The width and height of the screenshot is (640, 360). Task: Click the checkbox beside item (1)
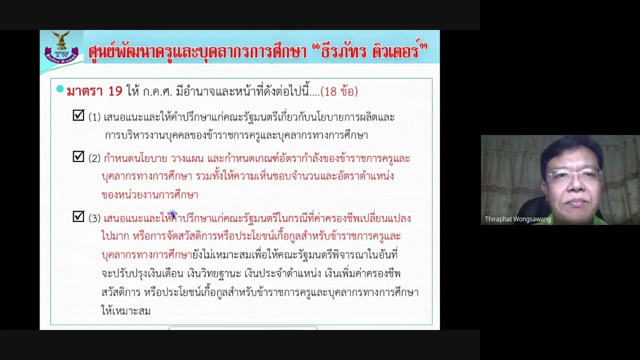click(x=78, y=115)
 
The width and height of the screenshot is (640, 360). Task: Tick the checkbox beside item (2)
click(x=78, y=157)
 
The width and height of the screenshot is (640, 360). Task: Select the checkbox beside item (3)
click(x=78, y=216)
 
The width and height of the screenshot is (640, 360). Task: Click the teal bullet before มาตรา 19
click(x=60, y=89)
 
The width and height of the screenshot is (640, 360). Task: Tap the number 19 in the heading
click(x=115, y=91)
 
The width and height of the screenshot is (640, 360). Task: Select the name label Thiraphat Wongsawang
click(x=517, y=219)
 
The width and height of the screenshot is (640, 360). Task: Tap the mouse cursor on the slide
click(x=173, y=215)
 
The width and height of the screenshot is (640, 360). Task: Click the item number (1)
click(x=94, y=117)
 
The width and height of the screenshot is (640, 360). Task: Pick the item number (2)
click(x=94, y=158)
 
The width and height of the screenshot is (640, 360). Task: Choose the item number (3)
click(x=94, y=218)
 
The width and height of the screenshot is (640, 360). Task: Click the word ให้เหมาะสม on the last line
click(x=126, y=311)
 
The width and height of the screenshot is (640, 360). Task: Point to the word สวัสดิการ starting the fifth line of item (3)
click(x=120, y=292)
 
